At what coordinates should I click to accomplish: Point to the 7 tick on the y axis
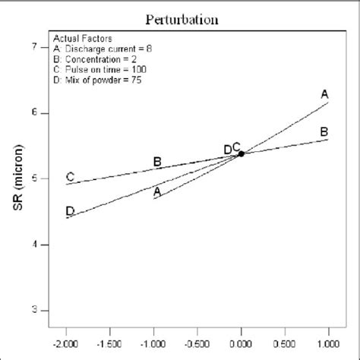pos(33,47)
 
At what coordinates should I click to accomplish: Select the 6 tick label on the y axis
pos(33,113)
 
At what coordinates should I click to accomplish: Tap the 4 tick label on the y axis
pos(33,245)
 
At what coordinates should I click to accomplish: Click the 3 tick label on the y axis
pos(33,311)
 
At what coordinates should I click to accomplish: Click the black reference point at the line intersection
pos(242,153)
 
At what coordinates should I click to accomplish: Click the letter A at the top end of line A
pos(324,94)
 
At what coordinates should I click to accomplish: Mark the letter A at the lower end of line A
pos(157,191)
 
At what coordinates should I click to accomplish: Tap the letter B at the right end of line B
pos(324,131)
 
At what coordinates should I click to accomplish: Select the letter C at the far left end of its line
pos(70,176)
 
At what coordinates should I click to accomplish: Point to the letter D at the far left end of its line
pos(70,210)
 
